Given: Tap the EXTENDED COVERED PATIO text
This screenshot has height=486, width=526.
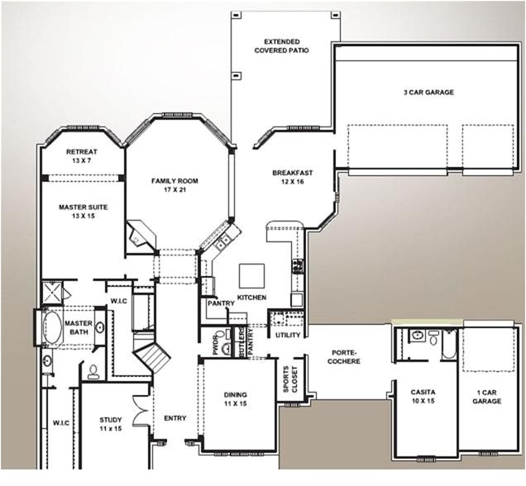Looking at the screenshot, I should click(282, 46).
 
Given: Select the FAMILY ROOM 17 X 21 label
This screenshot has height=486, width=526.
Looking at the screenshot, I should click(175, 184).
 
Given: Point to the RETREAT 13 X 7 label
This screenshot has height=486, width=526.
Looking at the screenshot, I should click(82, 156).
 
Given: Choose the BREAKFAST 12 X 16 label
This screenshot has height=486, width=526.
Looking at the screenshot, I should click(292, 178).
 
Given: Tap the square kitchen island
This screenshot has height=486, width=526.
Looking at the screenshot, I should click(252, 274).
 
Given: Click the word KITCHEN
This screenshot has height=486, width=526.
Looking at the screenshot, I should click(251, 297).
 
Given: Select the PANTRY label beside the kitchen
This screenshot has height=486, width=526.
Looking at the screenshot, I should click(221, 303).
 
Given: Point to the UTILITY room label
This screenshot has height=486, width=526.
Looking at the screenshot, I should click(288, 335).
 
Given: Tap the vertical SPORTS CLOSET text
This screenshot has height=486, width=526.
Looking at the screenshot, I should click(289, 377).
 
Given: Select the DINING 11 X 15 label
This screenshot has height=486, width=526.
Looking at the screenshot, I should click(235, 399).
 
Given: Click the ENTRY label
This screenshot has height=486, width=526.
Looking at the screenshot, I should click(175, 418).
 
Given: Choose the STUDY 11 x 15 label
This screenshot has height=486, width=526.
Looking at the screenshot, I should click(110, 424).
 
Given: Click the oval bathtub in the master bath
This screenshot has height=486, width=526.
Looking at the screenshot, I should click(51, 327).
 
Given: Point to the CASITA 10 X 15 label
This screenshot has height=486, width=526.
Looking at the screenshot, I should click(423, 396).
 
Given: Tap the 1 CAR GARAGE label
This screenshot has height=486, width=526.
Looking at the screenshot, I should click(486, 396).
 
